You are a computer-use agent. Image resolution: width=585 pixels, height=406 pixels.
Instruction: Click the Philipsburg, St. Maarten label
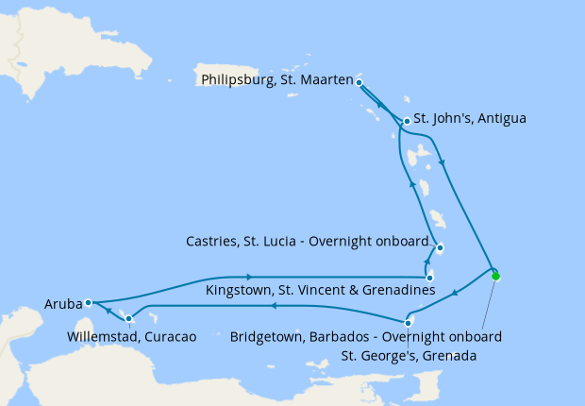pyautogui.click(x=276, y=80)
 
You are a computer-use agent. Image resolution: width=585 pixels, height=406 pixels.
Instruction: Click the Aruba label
pyautogui.click(x=62, y=304)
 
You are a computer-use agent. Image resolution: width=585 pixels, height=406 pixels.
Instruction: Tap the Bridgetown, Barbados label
pyautogui.click(x=365, y=336)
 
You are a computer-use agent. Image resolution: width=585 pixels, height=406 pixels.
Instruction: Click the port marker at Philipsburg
pyautogui.click(x=359, y=82)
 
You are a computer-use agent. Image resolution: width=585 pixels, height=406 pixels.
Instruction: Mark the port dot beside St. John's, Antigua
pyautogui.click(x=406, y=121)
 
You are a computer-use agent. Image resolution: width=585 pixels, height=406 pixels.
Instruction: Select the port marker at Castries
pyautogui.click(x=440, y=249)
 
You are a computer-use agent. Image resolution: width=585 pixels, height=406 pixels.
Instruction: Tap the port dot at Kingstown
pyautogui.click(x=429, y=278)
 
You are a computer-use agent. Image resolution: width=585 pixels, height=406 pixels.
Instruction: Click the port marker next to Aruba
pyautogui.click(x=87, y=303)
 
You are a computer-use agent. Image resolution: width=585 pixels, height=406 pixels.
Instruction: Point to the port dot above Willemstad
pyautogui.click(x=128, y=318)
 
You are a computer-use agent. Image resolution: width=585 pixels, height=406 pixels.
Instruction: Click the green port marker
pyautogui.click(x=495, y=277)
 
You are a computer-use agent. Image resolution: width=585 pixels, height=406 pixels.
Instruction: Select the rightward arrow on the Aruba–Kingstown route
pyautogui.click(x=249, y=277)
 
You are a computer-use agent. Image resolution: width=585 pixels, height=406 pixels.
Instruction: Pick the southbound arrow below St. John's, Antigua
pyautogui.click(x=443, y=160)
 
